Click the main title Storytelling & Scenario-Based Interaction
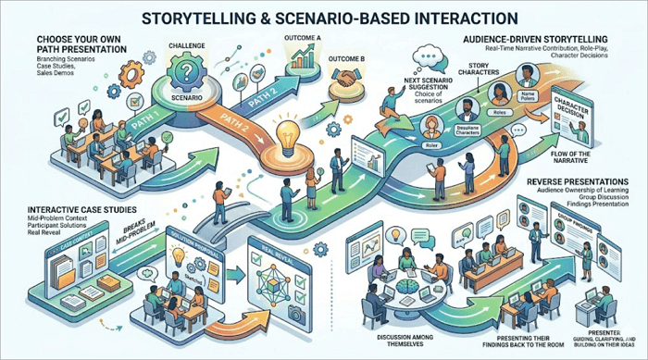[x=324, y=18]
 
